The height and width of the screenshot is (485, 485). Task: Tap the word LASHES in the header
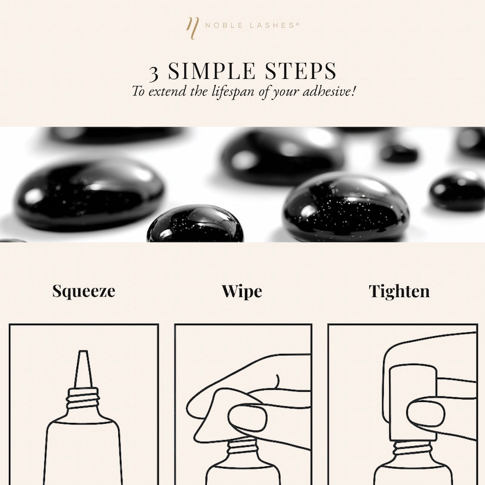(x=273, y=25)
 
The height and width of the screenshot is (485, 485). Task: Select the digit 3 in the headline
(x=155, y=72)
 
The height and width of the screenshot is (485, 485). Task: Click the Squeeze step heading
(x=84, y=291)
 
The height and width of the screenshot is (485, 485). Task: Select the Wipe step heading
(x=242, y=291)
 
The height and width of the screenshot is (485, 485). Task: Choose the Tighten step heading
(x=400, y=291)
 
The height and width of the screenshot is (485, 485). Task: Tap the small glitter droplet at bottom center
(x=195, y=225)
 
